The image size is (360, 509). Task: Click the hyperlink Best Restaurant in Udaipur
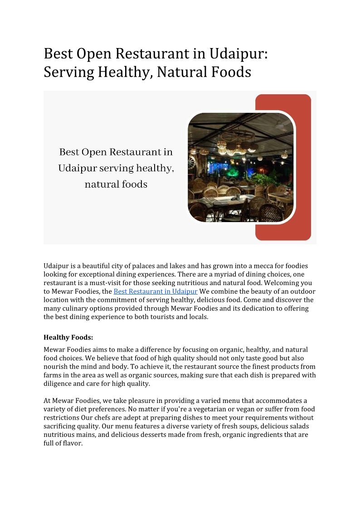click(156, 291)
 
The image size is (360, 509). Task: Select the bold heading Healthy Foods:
click(68, 337)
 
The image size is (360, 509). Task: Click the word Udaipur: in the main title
click(238, 53)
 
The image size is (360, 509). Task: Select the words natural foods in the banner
click(116, 184)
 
